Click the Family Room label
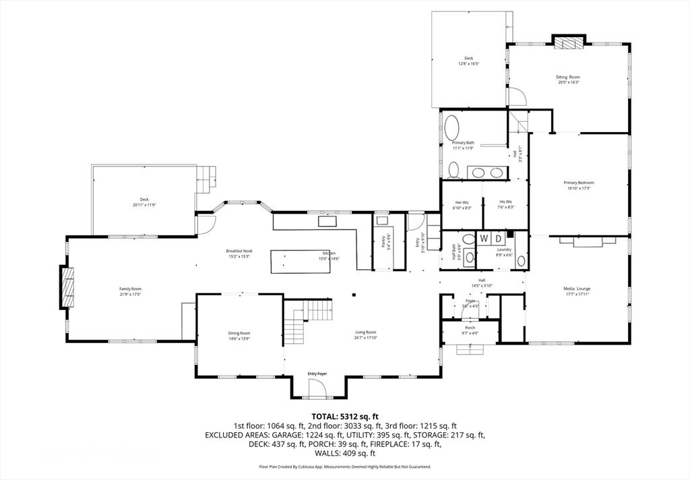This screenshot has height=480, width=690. click(130, 289)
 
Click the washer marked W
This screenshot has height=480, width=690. click(484, 239)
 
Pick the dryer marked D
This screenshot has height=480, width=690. click(499, 239)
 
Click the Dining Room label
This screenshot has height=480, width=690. click(239, 332)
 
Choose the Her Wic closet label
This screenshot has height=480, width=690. click(462, 202)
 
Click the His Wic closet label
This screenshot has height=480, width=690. click(506, 202)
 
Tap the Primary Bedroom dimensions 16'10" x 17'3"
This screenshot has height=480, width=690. click(579, 188)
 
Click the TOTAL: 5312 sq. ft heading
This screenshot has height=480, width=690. click(344, 416)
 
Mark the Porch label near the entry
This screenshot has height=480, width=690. click(470, 328)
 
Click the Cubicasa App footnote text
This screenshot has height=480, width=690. click(344, 467)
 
